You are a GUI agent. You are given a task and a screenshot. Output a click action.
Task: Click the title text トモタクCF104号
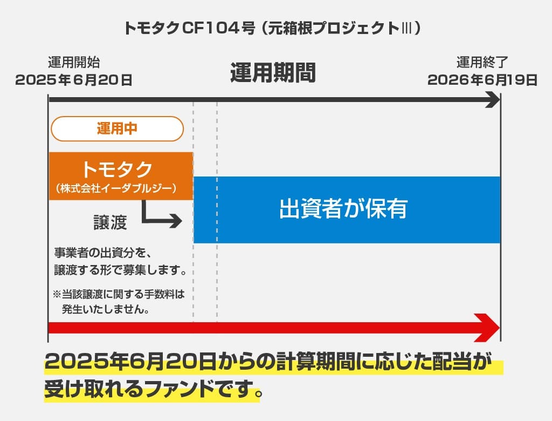[189, 28]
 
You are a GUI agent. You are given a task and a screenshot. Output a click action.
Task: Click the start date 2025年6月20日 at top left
[73, 80]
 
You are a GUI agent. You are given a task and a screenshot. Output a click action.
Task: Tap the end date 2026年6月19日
[482, 80]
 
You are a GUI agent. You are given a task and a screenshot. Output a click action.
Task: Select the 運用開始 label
[74, 63]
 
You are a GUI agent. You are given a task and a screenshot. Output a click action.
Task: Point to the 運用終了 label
[482, 63]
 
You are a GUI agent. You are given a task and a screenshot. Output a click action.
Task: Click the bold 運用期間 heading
[273, 73]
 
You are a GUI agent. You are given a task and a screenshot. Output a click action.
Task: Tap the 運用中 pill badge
[117, 128]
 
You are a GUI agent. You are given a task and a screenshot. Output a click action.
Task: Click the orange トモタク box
[121, 176]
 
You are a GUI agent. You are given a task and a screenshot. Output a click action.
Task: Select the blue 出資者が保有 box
[347, 210]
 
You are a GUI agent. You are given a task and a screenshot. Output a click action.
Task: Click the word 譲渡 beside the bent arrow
[110, 222]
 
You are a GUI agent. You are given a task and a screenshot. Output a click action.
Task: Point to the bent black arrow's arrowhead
[176, 221]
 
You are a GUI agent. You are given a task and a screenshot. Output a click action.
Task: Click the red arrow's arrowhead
[487, 328]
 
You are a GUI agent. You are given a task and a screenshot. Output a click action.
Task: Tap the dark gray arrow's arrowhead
[493, 100]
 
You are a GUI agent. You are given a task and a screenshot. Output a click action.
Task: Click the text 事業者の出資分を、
[103, 253]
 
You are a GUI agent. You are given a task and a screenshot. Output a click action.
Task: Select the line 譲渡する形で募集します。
[120, 270]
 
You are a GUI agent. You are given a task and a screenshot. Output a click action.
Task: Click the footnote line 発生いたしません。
[106, 309]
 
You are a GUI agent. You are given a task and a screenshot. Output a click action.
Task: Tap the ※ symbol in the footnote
[57, 294]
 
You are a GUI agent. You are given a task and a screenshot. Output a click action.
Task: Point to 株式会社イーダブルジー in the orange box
[116, 188]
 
